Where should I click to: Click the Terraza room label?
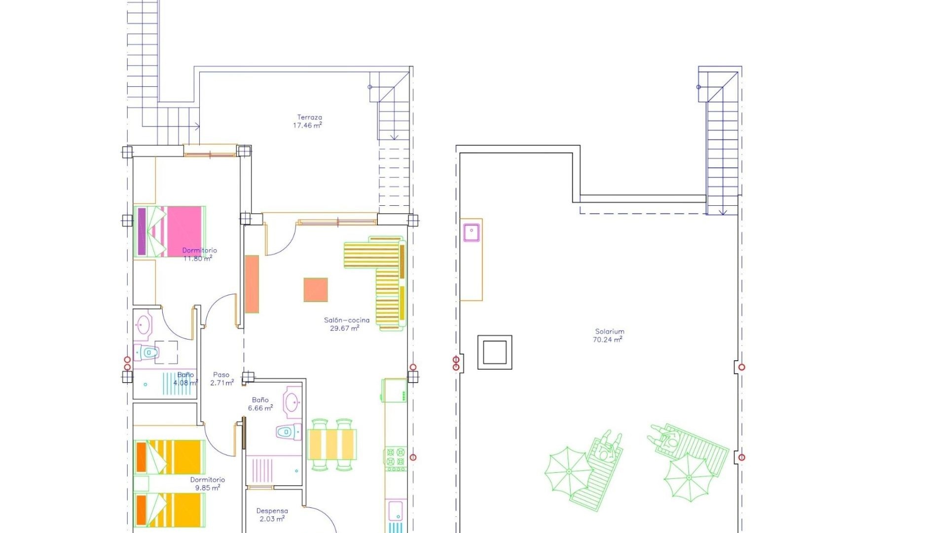pos(309,117)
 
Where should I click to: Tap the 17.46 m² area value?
pos(307,125)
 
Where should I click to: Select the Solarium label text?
pos(610,332)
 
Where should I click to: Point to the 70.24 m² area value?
pos(607,340)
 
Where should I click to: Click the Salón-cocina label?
pos(346,320)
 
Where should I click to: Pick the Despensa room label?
pos(272,511)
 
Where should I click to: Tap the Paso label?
pos(221,375)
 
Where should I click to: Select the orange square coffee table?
pos(316,290)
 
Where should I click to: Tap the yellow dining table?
pos(332,445)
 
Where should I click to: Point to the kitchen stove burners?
pos(395,457)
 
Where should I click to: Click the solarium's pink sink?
pos(472,232)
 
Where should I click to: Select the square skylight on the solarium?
pos(495,352)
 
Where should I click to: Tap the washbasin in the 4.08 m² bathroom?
pos(144,325)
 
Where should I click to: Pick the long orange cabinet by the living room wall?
pos(252,284)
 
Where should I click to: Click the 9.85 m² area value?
pos(207,488)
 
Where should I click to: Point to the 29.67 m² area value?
pos(344,328)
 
